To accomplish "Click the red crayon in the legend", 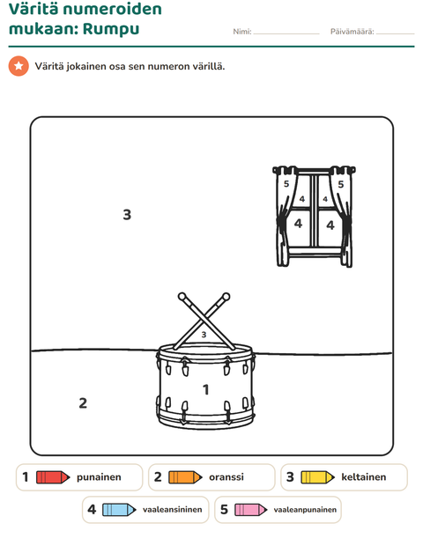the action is click(53, 477).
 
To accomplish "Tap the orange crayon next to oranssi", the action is click(185, 477).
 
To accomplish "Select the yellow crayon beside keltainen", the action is click(318, 477).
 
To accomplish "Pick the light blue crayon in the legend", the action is click(119, 510).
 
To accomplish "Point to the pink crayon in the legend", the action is click(251, 510).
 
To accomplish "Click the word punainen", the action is click(99, 477).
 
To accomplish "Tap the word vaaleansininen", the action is click(173, 509).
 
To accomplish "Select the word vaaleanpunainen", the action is click(305, 510).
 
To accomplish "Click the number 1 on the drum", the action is click(206, 389).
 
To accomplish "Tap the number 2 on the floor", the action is click(83, 402).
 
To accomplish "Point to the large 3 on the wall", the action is click(127, 215).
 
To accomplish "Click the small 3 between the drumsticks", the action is click(204, 335).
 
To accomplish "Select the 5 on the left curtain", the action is click(286, 184).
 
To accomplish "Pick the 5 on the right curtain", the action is click(341, 184).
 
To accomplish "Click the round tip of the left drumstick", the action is click(182, 297).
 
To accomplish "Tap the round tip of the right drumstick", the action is click(226, 297).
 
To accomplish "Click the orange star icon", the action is click(19, 66).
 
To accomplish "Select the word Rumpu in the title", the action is click(111, 29).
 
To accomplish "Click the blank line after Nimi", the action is click(286, 33).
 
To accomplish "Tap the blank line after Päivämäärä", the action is click(396, 33).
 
